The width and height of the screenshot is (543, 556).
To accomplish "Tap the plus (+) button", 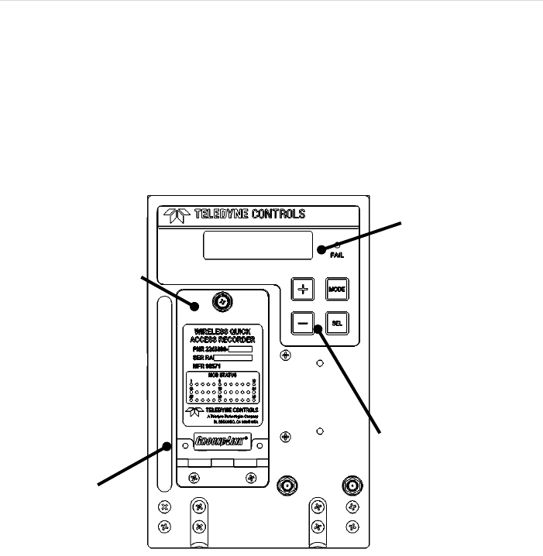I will pos(304,288).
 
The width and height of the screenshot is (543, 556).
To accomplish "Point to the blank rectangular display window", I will pos(258,245).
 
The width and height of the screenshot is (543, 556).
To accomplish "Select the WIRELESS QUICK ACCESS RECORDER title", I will pos(224,335).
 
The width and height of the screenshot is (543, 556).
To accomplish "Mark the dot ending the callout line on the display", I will pos(320,249).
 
